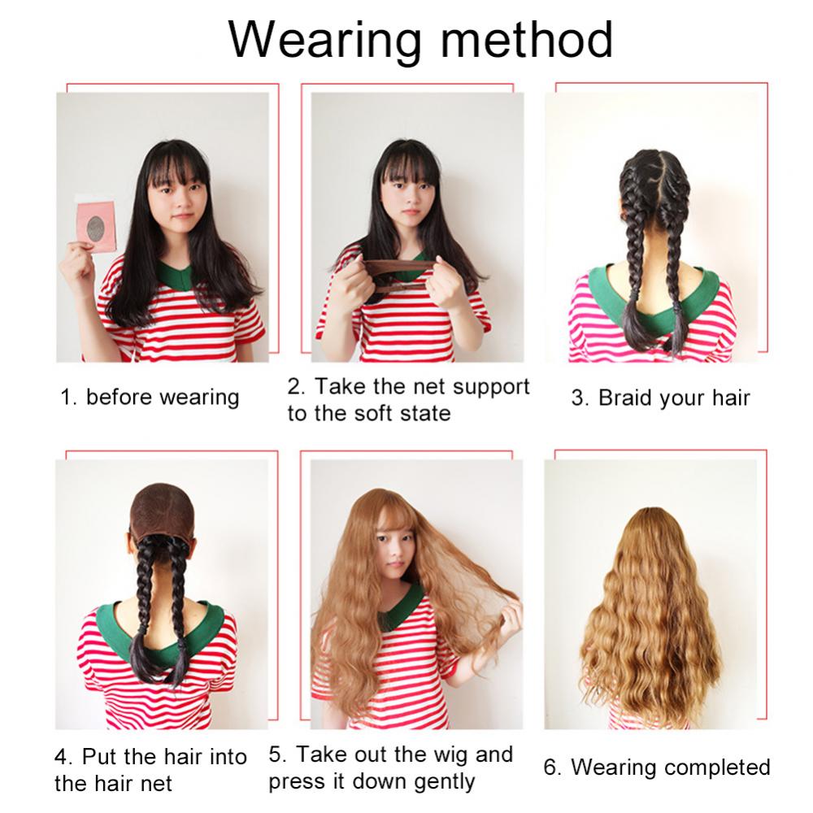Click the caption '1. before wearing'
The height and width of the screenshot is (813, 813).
150,398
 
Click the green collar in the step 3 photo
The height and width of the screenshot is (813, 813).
654,297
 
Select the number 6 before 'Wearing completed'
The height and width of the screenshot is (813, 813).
550,767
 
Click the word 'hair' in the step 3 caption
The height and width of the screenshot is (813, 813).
731,398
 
